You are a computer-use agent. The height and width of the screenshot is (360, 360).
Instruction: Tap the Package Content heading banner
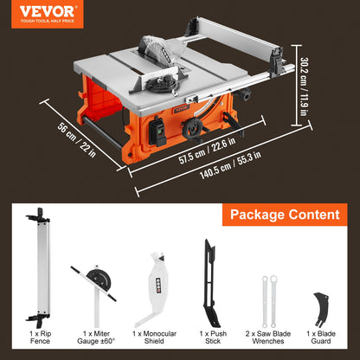coord(282,215)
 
